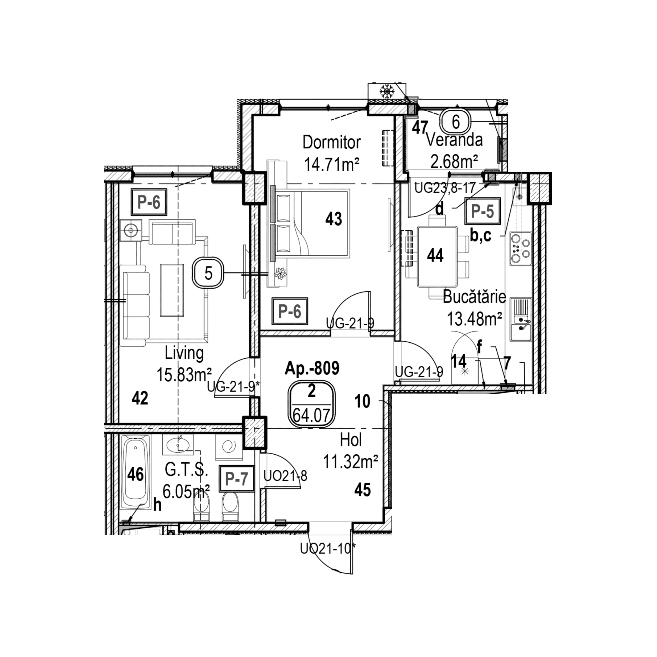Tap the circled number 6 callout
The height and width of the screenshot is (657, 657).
point(456,121)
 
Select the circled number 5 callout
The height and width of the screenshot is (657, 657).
point(208,273)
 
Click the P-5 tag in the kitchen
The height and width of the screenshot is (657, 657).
point(483,211)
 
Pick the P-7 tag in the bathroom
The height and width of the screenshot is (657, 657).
point(237,479)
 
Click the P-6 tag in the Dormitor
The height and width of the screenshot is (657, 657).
point(290,311)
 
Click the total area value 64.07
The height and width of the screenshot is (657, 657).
point(311,415)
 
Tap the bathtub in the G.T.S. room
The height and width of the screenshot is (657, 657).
point(135,472)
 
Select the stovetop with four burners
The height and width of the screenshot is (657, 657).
point(521,249)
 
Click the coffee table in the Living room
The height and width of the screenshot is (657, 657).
point(172,290)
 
